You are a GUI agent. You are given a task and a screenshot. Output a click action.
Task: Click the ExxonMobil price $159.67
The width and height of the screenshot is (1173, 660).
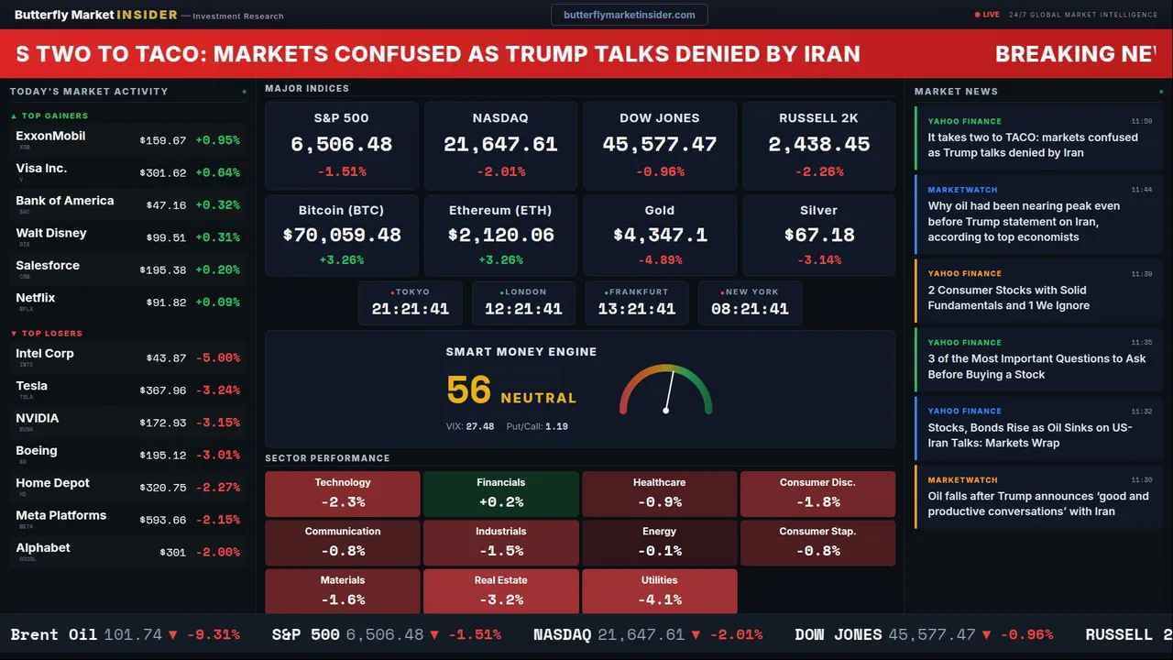tap(163, 141)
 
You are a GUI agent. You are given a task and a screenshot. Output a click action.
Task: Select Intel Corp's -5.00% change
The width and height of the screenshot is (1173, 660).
tap(217, 358)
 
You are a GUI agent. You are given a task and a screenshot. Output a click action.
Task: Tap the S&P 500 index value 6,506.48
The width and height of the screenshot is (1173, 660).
tap(341, 145)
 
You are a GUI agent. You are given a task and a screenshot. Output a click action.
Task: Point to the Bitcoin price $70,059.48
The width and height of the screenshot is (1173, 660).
tap(341, 236)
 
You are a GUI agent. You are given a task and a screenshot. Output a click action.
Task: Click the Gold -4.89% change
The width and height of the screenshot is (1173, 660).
tap(660, 260)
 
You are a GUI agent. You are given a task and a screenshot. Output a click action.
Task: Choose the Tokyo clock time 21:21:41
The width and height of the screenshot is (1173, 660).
tap(411, 310)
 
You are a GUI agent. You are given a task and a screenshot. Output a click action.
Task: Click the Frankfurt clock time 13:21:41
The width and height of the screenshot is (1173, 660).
tap(636, 310)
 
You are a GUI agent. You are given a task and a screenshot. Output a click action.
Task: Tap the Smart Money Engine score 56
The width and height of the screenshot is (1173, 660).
tap(469, 390)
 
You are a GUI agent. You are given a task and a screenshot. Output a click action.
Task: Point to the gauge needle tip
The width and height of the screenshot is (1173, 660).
tap(674, 369)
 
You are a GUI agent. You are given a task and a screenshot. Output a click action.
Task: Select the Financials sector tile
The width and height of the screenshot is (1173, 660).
tap(501, 494)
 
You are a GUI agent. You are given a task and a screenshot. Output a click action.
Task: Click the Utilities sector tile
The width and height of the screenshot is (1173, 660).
tap(660, 591)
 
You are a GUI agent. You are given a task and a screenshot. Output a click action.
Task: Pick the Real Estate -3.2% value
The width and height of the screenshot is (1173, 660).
tap(501, 600)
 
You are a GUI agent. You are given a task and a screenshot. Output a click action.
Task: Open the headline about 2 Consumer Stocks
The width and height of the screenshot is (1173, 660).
tap(1008, 298)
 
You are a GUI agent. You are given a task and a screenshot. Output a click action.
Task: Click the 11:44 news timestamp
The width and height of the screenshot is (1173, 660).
tap(1141, 190)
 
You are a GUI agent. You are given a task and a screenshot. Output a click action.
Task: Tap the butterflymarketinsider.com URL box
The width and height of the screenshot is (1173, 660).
tap(630, 15)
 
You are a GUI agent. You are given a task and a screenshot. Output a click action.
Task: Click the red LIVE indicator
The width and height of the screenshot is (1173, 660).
tap(988, 15)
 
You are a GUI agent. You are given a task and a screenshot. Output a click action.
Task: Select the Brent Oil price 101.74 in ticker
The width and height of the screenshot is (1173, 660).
tap(133, 634)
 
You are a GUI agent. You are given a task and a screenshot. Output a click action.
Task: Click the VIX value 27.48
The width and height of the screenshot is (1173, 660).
tap(479, 426)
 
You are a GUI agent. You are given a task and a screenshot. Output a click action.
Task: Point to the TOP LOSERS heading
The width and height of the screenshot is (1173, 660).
tap(51, 334)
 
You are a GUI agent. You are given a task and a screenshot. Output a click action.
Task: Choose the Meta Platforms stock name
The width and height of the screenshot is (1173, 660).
tap(60, 515)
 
